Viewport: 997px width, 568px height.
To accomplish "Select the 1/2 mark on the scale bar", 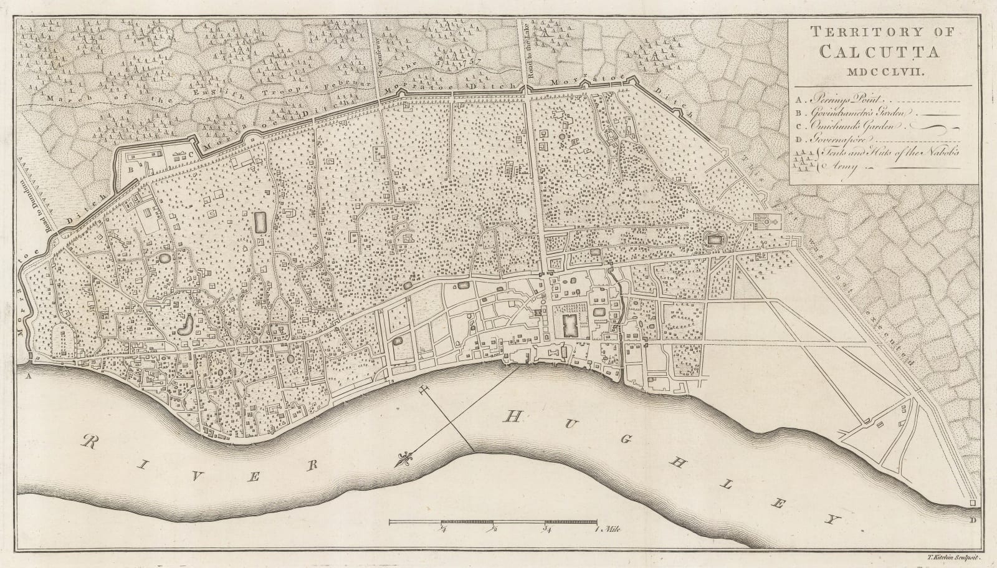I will [494, 530].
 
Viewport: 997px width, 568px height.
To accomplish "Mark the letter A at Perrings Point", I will [29, 377].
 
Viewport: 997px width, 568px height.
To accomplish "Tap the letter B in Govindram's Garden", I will [131, 169].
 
